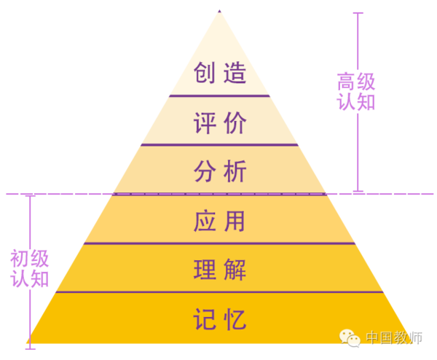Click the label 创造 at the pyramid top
220,72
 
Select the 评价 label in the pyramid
220,122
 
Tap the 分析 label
220,171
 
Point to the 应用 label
219,221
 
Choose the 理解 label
220,270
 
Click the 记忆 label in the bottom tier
220,319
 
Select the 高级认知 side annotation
356,92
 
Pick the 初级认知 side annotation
30,268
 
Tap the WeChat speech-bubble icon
350,338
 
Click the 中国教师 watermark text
394,337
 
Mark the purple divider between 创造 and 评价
220,96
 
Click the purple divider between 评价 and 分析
220,145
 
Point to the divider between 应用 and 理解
220,243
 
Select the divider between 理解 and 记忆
220,292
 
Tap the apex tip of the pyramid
220,10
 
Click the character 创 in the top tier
204,72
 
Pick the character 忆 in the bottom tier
235,319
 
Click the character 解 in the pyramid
235,270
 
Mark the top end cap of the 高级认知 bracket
358,13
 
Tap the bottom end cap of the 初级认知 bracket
31,349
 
